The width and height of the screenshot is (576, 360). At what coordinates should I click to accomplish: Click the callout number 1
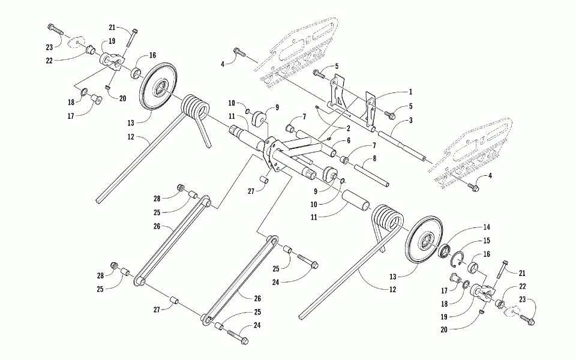(x=411, y=92)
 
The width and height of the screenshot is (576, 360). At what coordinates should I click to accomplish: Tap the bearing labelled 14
(x=445, y=250)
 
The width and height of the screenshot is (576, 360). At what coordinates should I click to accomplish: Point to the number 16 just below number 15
(x=485, y=254)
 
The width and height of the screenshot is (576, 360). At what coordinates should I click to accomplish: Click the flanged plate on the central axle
(x=274, y=155)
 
